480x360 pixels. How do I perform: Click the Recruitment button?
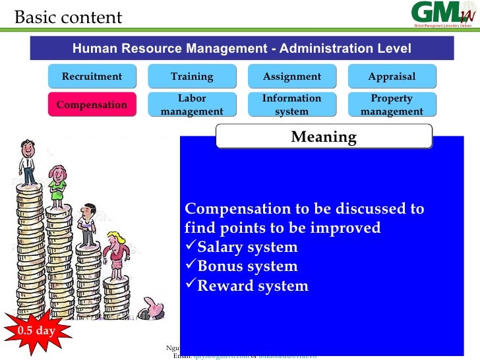pos(92,76)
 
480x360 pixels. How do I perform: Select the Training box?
pos(192,76)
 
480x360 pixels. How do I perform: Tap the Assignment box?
pos(292,76)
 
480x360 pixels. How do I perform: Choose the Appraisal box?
pos(392,76)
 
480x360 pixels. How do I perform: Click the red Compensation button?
pos(92,104)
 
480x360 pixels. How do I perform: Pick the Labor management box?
pos(192,105)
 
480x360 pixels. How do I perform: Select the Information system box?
pos(292,105)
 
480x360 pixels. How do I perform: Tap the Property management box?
pos(392,105)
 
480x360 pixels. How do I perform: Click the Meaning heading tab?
pos(324,137)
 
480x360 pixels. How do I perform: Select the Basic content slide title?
pos(69,17)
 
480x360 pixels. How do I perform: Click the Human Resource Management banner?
pos(241,49)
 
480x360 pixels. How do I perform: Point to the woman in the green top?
pos(58,184)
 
